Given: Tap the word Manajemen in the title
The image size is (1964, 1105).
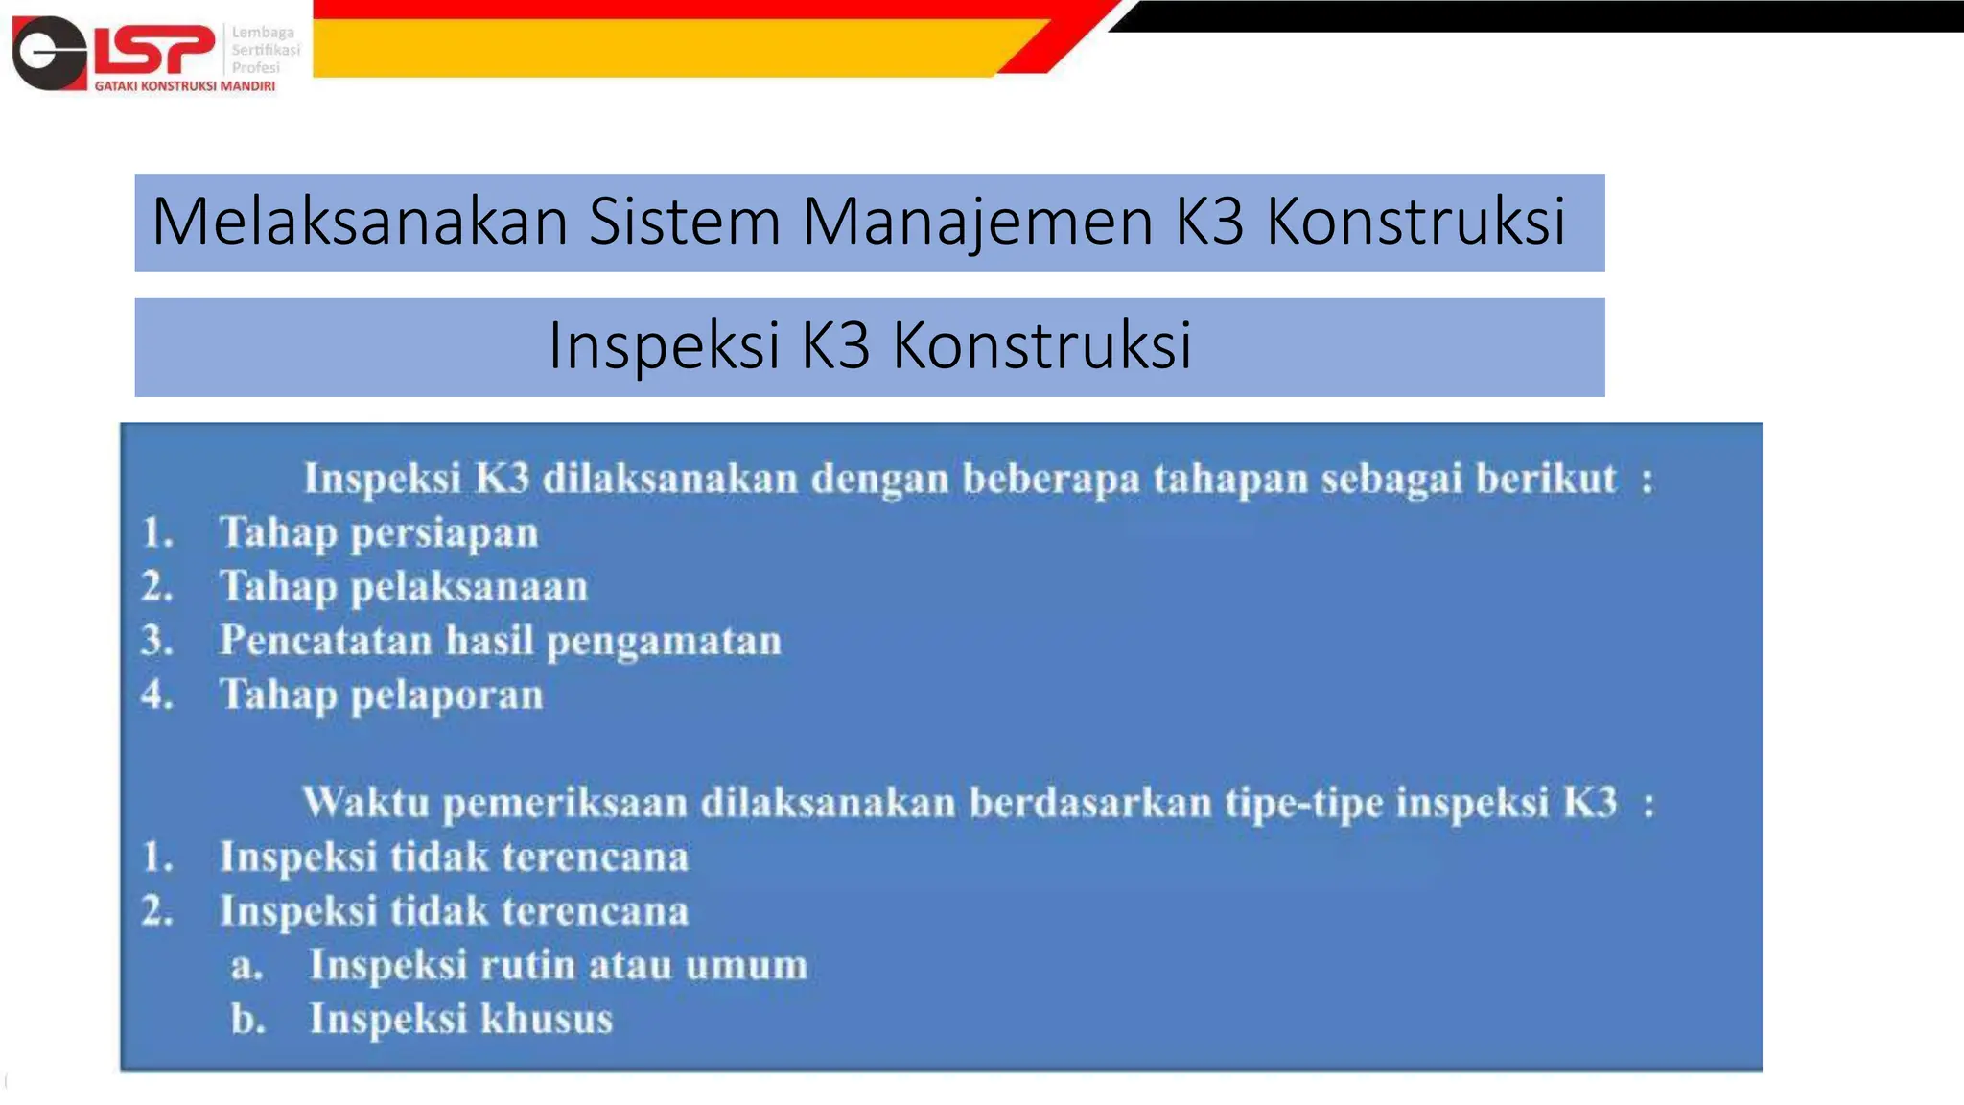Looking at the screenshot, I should click(x=977, y=222).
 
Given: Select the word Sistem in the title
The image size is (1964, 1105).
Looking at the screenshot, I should click(x=684, y=222).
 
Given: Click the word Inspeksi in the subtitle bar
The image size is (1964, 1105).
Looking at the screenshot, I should click(x=663, y=345).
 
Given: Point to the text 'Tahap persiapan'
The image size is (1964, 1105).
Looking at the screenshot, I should click(x=379, y=533).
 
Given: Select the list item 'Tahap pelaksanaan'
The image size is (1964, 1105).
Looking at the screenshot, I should click(x=403, y=587).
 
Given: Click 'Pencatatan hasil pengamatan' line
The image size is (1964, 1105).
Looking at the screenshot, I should click(x=500, y=641).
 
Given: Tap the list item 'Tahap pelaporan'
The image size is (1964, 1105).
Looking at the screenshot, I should click(x=381, y=695).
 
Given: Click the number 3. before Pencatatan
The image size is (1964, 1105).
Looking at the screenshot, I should click(x=157, y=641).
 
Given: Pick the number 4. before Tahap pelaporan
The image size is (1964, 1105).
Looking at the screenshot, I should click(x=157, y=694).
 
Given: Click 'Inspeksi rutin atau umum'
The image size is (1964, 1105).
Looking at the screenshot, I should click(x=557, y=965).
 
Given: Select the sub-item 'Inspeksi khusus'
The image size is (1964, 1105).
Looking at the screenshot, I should click(x=460, y=1019).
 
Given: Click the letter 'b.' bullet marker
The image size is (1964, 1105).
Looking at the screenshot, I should click(x=247, y=1019).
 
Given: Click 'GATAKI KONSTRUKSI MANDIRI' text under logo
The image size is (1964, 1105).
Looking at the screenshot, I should click(x=184, y=86).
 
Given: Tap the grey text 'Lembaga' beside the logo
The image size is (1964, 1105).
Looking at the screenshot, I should click(x=263, y=33).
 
